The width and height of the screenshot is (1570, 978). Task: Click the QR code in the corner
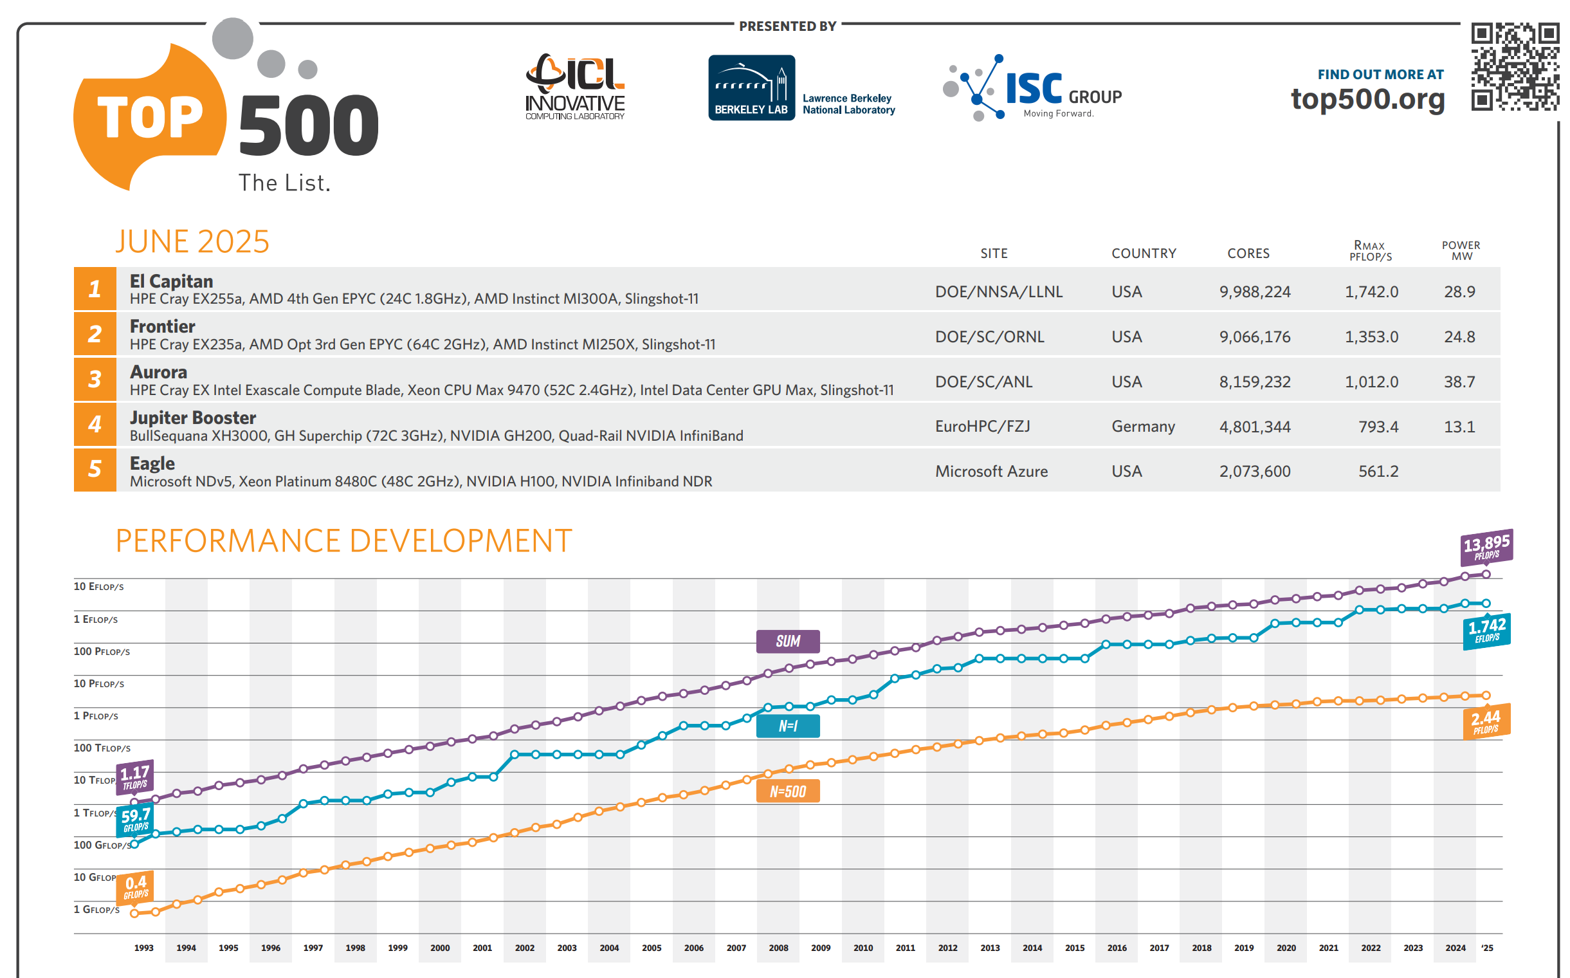(x=1515, y=67)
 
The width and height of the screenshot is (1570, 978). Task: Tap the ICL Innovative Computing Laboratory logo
(x=575, y=88)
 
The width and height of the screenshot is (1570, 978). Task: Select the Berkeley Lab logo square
(x=751, y=88)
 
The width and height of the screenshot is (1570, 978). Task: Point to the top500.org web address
(x=1367, y=99)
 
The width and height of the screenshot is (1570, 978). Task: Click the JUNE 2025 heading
(x=192, y=242)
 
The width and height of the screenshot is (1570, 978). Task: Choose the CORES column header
(x=1248, y=254)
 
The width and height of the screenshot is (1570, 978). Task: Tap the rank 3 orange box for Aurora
(x=95, y=379)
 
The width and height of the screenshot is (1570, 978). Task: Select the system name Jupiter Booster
(x=193, y=418)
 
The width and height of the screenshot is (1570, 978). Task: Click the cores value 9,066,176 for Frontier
(x=1254, y=337)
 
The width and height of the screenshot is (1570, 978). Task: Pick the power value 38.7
(x=1459, y=382)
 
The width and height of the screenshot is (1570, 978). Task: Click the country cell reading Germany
(x=1142, y=427)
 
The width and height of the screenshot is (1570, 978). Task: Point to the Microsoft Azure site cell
(x=991, y=472)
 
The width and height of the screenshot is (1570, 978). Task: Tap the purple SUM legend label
(x=788, y=641)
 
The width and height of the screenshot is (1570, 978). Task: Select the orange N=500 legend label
(x=788, y=791)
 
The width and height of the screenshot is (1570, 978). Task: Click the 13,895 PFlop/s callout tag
(x=1486, y=546)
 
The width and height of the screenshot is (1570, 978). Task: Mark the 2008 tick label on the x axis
(x=778, y=948)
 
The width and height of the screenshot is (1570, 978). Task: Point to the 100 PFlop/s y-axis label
(x=102, y=651)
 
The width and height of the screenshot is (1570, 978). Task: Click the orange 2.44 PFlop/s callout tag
(x=1486, y=721)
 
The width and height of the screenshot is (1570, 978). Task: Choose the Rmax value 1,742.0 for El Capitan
(x=1371, y=291)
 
